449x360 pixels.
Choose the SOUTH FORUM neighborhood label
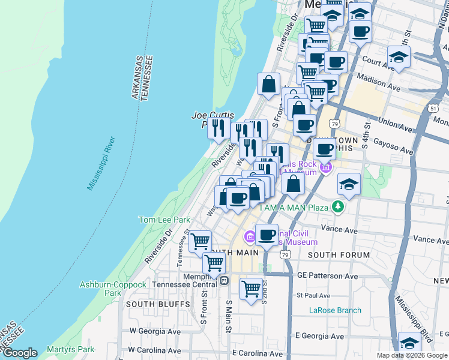(339, 255)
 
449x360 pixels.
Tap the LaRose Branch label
(335, 310)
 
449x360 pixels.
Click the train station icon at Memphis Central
(224, 280)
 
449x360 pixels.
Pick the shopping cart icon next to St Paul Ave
(252, 289)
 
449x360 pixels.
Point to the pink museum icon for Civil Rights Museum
(250, 238)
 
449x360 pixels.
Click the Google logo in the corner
(20, 353)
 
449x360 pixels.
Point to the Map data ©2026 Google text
(411, 355)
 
